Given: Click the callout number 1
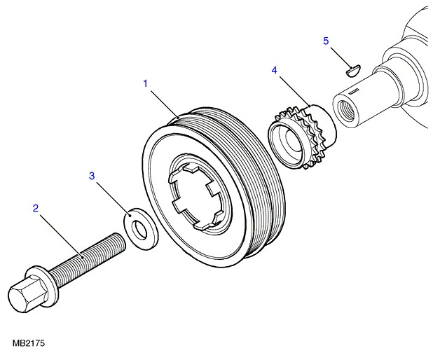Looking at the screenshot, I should coord(145,84).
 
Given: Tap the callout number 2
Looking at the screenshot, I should coord(35,207).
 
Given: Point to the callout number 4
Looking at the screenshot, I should coord(275,70).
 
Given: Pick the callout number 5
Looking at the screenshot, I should coord(326,41).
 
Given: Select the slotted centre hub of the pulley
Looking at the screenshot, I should coord(198,198).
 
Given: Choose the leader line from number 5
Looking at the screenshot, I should coord(340,56).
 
